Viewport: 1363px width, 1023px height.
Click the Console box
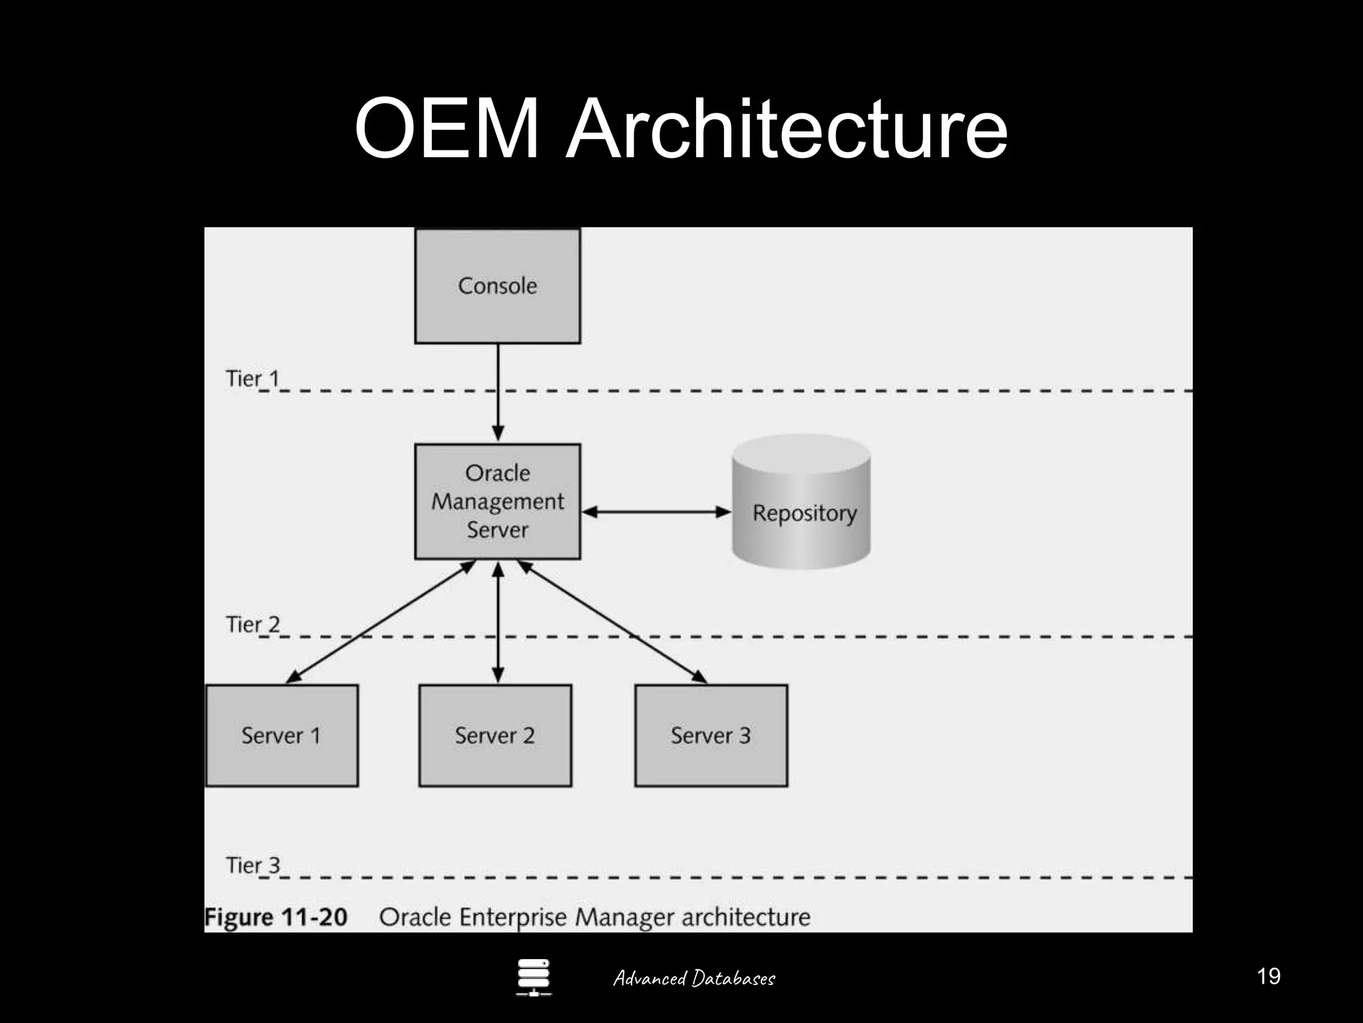tap(497, 286)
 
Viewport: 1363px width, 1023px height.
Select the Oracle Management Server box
tap(497, 502)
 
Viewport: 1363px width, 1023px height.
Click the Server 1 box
tap(282, 735)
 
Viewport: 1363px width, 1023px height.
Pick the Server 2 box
tap(495, 735)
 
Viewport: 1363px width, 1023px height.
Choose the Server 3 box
tap(711, 735)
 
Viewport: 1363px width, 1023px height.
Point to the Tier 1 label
tap(252, 378)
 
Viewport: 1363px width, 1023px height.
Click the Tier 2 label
tap(252, 625)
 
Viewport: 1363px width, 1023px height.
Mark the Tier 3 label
tap(252, 865)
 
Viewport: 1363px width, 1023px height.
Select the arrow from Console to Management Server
tap(498, 393)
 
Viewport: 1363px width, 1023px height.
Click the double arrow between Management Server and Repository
tap(656, 512)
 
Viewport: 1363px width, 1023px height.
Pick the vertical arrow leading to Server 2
tap(498, 623)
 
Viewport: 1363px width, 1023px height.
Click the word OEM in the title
tap(446, 128)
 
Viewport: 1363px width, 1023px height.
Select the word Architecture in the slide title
tap(787, 128)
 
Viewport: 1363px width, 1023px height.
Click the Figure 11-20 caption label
tap(276, 917)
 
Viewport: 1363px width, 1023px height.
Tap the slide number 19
tap(1268, 976)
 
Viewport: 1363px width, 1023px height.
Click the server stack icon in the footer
tap(533, 977)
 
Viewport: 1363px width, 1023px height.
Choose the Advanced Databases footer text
tap(693, 978)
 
